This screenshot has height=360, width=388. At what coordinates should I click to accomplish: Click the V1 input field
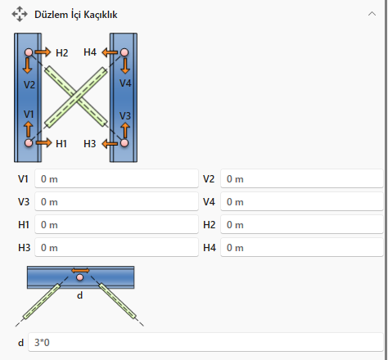pyautogui.click(x=116, y=178)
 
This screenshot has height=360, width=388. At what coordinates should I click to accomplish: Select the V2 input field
pyautogui.click(x=302, y=178)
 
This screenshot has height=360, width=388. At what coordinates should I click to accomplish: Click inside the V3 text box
pyautogui.click(x=116, y=201)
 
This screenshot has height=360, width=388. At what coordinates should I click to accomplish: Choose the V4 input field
pyautogui.click(x=302, y=201)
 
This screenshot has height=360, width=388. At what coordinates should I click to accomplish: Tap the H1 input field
pyautogui.click(x=116, y=224)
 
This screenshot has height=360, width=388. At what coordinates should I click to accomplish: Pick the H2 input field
pyautogui.click(x=302, y=224)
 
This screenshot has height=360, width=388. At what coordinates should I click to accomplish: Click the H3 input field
pyautogui.click(x=116, y=247)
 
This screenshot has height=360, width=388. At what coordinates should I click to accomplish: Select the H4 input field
pyautogui.click(x=302, y=247)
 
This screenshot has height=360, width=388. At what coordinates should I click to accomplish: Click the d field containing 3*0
pyautogui.click(x=206, y=342)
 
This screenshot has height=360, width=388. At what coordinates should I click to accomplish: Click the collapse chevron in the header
pyautogui.click(x=372, y=14)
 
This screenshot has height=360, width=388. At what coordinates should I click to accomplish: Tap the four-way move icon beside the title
pyautogui.click(x=20, y=14)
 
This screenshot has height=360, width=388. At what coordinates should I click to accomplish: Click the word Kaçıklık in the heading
pyautogui.click(x=101, y=15)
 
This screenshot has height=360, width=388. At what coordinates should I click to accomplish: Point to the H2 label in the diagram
pyautogui.click(x=62, y=52)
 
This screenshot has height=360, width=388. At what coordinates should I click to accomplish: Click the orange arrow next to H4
pyautogui.click(x=110, y=52)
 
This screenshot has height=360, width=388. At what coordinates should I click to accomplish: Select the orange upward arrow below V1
pyautogui.click(x=28, y=129)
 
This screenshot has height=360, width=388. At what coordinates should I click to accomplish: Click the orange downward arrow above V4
pyautogui.click(x=125, y=65)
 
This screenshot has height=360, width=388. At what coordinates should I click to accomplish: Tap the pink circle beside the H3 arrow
pyautogui.click(x=124, y=143)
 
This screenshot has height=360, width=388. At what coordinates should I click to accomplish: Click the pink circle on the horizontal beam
pyautogui.click(x=79, y=277)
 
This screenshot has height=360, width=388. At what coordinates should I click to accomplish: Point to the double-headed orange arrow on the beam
pyautogui.click(x=80, y=271)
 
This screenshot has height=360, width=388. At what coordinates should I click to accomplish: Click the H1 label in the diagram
pyautogui.click(x=61, y=143)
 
